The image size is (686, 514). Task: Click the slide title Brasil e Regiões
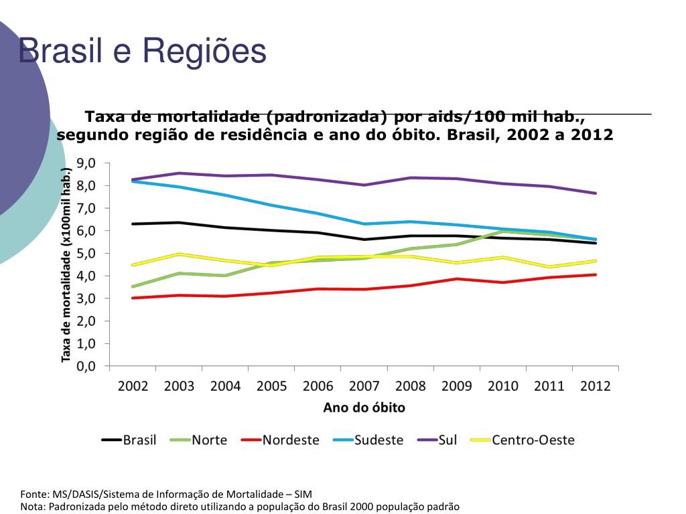(x=143, y=51)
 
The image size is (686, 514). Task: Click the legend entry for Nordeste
(x=281, y=440)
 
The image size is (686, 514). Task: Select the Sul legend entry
(x=437, y=440)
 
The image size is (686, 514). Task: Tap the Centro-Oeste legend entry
(x=523, y=440)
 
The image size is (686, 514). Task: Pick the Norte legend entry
(x=199, y=440)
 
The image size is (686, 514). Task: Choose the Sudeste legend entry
(x=368, y=440)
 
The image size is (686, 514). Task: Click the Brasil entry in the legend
(x=129, y=440)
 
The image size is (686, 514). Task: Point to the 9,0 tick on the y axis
(x=86, y=163)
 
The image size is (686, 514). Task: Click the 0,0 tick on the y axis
(x=86, y=366)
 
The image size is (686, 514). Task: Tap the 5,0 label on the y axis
(x=86, y=254)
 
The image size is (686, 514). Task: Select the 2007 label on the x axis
(x=364, y=386)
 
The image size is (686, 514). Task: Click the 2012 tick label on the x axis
(x=596, y=386)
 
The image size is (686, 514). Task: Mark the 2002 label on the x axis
(x=133, y=386)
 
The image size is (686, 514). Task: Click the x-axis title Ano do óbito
(x=364, y=408)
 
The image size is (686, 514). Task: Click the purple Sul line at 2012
(x=596, y=193)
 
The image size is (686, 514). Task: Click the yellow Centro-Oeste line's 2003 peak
(x=180, y=254)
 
